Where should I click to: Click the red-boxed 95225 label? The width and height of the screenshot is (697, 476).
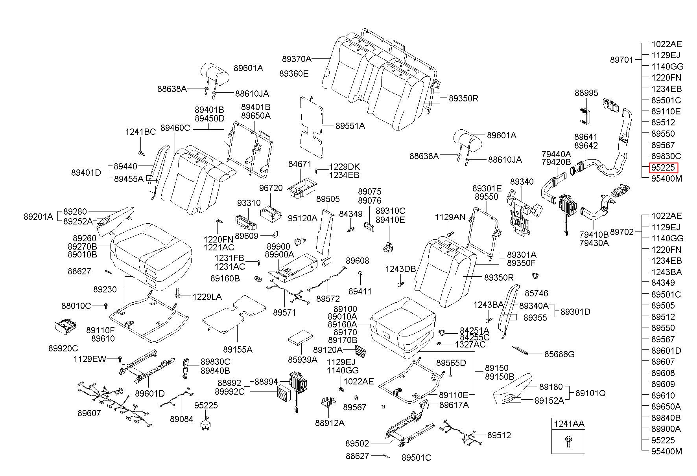(x=663, y=168)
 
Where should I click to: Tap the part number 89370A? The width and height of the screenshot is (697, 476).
(x=297, y=59)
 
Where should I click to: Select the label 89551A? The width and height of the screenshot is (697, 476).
(x=350, y=126)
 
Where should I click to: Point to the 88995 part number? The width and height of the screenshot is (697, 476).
(x=586, y=93)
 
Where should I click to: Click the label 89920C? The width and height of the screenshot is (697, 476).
(x=63, y=348)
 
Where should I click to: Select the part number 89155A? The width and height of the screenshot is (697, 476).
(x=238, y=349)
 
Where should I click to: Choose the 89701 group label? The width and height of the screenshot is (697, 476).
(x=622, y=60)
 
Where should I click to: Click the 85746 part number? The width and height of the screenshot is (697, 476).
(x=537, y=293)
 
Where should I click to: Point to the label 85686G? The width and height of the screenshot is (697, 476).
(x=559, y=354)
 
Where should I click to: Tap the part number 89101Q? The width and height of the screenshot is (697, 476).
(x=590, y=393)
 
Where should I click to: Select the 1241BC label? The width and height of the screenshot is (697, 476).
(x=141, y=132)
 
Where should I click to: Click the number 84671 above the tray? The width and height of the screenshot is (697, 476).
(x=300, y=164)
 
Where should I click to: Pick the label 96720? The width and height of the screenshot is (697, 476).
(x=271, y=188)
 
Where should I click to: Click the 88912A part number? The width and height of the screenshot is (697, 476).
(x=330, y=423)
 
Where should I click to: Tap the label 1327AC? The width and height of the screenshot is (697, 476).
(x=470, y=344)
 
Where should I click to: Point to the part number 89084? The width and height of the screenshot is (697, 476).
(x=182, y=419)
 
